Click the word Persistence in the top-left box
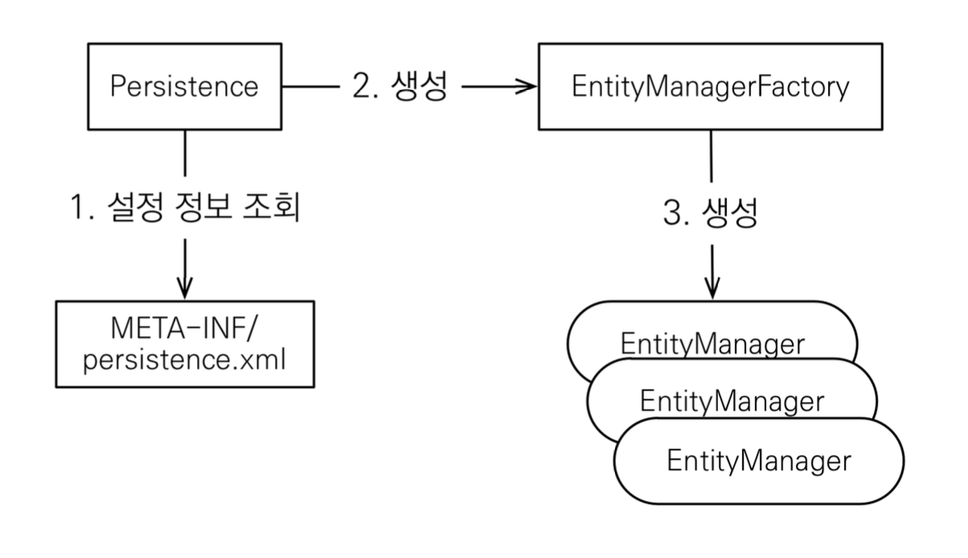pyautogui.click(x=184, y=86)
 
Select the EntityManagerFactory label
pyautogui.click(x=711, y=88)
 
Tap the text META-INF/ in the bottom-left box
pyautogui.click(x=184, y=328)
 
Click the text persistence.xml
pyautogui.click(x=184, y=359)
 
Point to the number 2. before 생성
pyautogui.click(x=365, y=85)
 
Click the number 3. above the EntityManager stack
pyautogui.click(x=676, y=212)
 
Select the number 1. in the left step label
pyautogui.click(x=82, y=207)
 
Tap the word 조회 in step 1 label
pyautogui.click(x=272, y=207)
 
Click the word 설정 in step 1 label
pyautogui.click(x=135, y=207)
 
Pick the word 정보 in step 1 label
pyautogui.click(x=203, y=207)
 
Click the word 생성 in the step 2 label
pyautogui.click(x=419, y=85)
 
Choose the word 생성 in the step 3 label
pyautogui.click(x=729, y=212)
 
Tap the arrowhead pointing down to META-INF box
pyautogui.click(x=185, y=288)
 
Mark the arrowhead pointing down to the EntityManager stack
pyautogui.click(x=712, y=288)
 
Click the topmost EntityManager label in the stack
pyautogui.click(x=712, y=344)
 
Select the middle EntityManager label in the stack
pyautogui.click(x=732, y=401)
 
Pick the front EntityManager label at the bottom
pyautogui.click(x=759, y=461)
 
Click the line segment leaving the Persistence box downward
pyautogui.click(x=185, y=153)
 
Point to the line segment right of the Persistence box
pyautogui.click(x=310, y=87)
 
